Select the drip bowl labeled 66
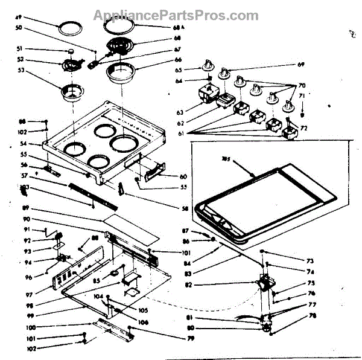(x=122, y=72)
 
